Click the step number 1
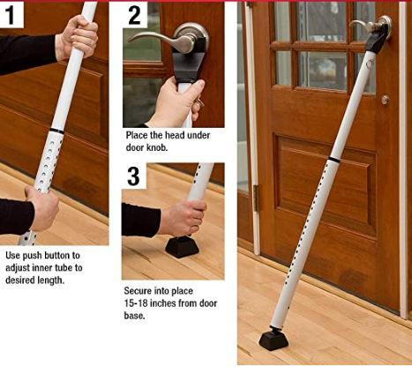[x=10, y=15]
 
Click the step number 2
[x=135, y=15]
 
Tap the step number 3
[x=133, y=176]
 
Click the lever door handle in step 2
[x=170, y=39]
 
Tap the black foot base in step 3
[x=182, y=247]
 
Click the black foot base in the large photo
[x=273, y=340]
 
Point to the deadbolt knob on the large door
[x=386, y=100]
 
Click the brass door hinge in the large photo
[x=256, y=198]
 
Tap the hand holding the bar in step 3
[x=183, y=218]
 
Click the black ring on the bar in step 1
[x=56, y=131]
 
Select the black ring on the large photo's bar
[x=334, y=160]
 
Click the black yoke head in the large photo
[x=377, y=40]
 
